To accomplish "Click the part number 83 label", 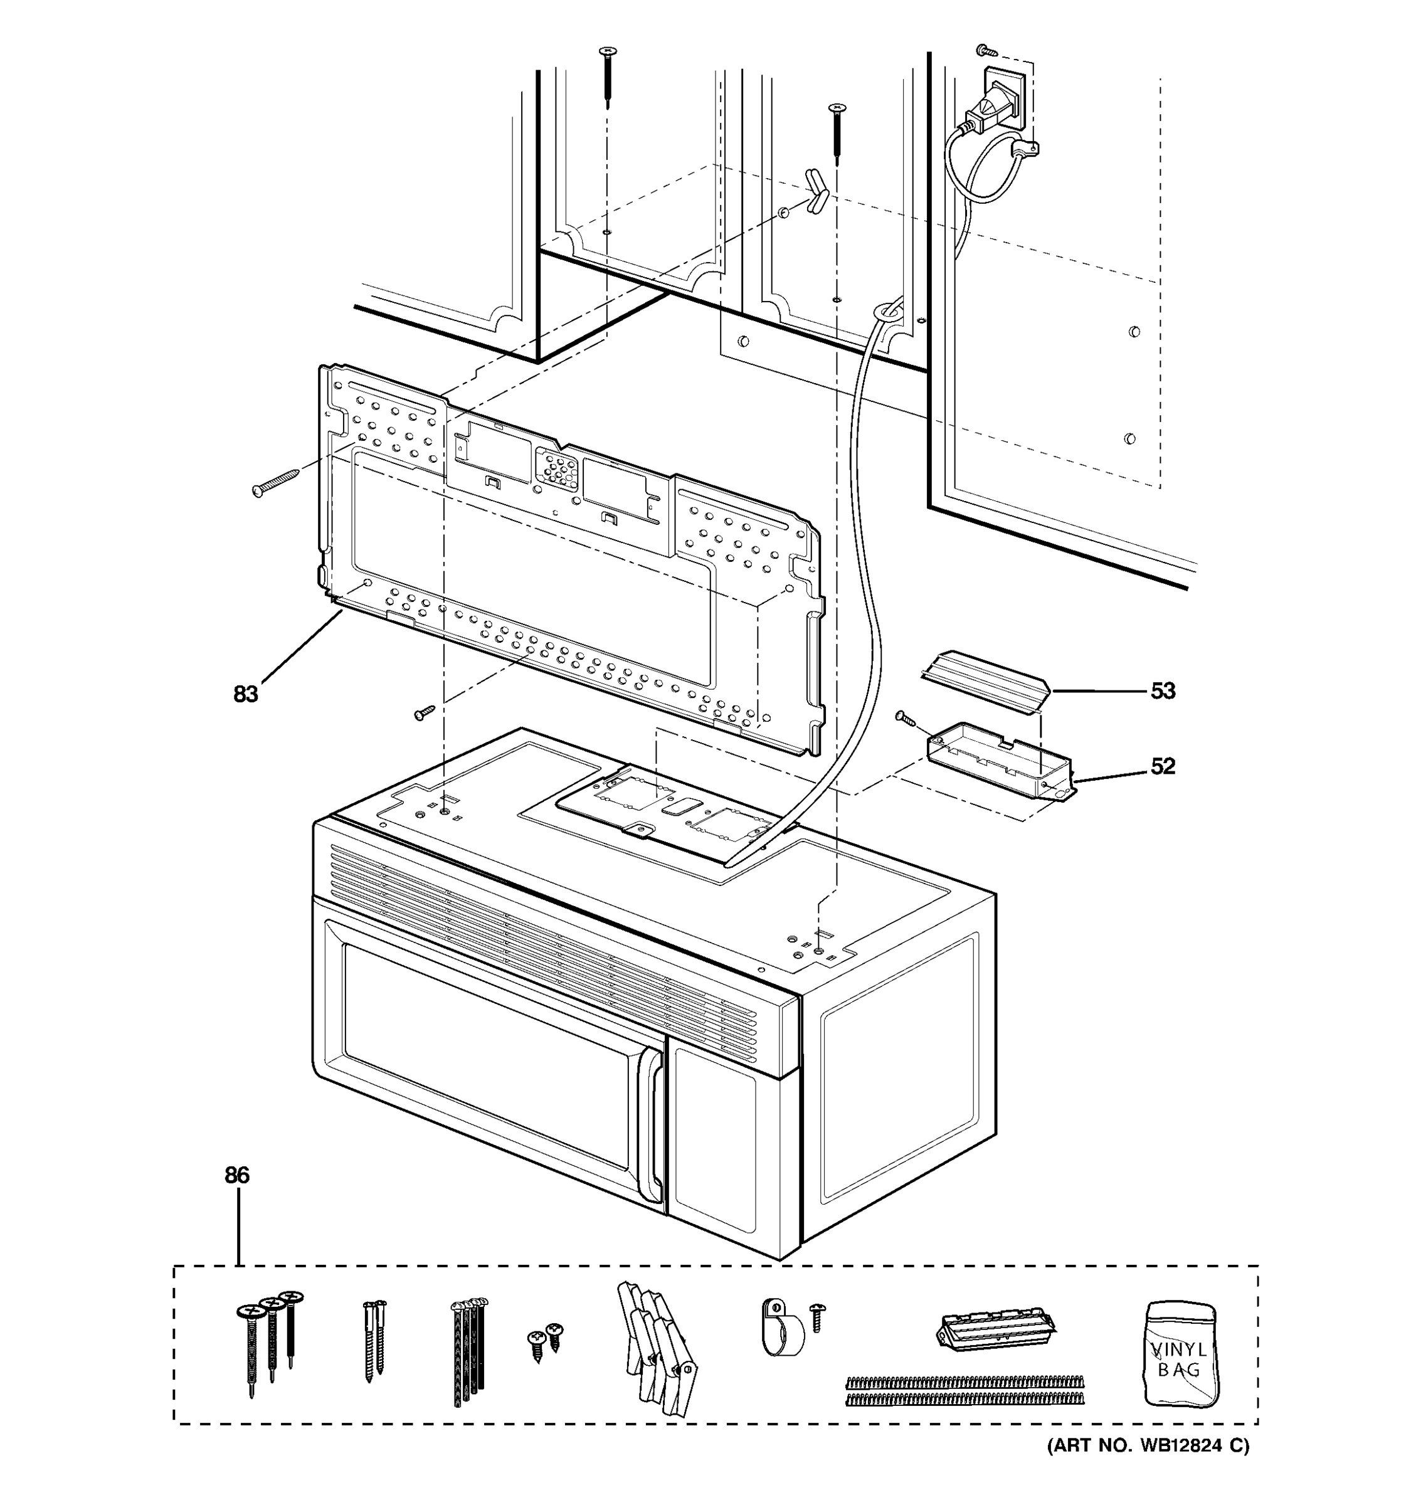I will [x=245, y=694].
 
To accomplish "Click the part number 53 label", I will [x=1163, y=690].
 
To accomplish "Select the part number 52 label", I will [x=1163, y=766].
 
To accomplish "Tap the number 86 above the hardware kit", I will [x=237, y=1175].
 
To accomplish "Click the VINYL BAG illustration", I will [x=1180, y=1355].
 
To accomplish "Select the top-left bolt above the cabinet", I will [x=608, y=76].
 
